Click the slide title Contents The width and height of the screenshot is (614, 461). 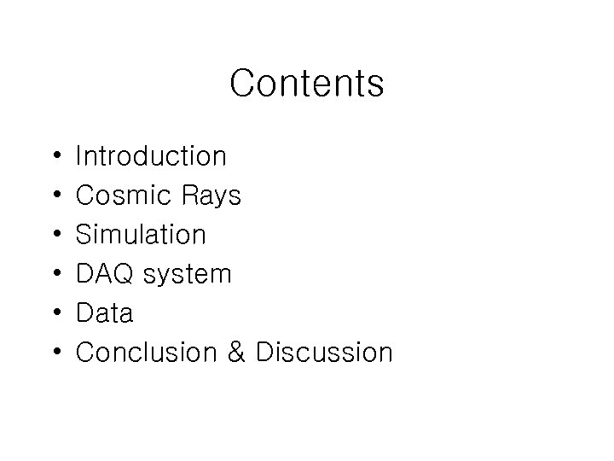(x=307, y=84)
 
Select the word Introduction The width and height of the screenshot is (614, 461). (x=151, y=156)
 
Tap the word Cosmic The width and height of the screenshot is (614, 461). (x=123, y=196)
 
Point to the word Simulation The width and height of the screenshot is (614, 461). (x=141, y=235)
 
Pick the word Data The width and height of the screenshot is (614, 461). (x=104, y=313)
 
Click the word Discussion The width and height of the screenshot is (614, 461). (x=325, y=353)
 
